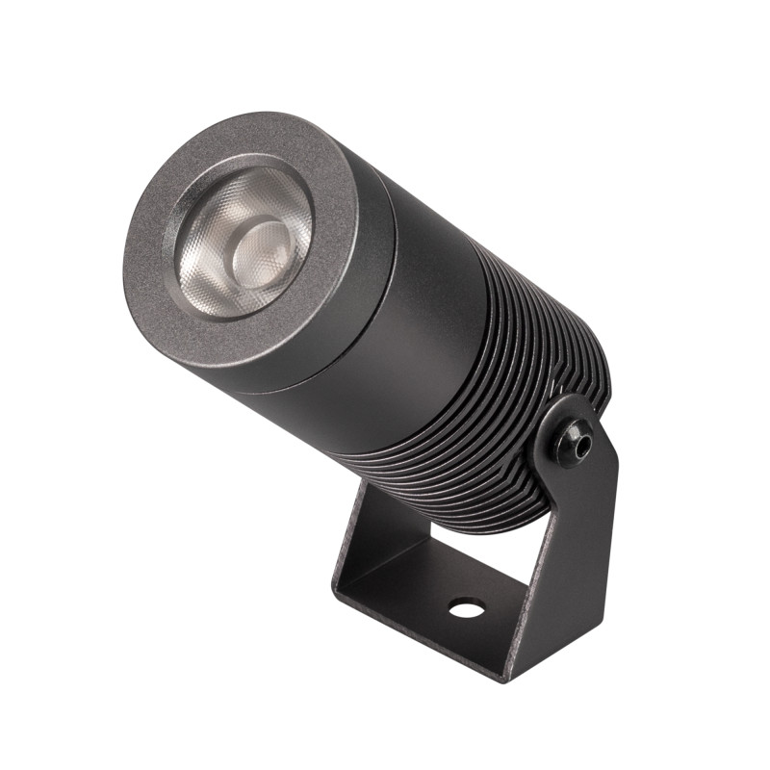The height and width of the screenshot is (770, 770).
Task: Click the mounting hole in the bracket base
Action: click(x=467, y=607)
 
